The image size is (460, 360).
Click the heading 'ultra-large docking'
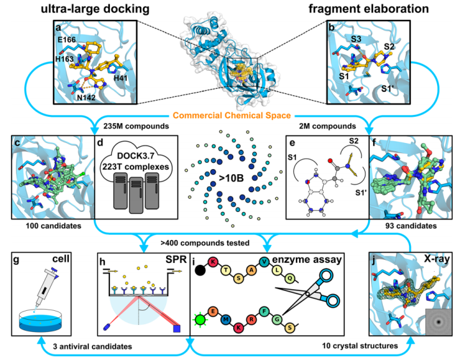pyautogui.click(x=95, y=9)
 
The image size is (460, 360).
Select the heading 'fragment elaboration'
pyautogui.click(x=369, y=9)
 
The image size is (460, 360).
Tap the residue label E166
pyautogui.click(x=66, y=40)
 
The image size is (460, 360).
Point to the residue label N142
pyautogui.click(x=86, y=97)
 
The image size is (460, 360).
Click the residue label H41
pyautogui.click(x=121, y=78)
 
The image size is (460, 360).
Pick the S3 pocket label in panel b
pyautogui.click(x=356, y=39)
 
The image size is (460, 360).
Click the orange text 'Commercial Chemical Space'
pyautogui.click(x=232, y=116)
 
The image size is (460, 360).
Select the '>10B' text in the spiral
pyautogui.click(x=231, y=178)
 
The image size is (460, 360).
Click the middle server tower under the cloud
pyautogui.click(x=136, y=195)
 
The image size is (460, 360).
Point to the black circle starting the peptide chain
pyautogui.click(x=200, y=270)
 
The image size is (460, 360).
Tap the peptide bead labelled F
pyautogui.click(x=264, y=311)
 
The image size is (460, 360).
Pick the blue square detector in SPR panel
pyautogui.click(x=176, y=329)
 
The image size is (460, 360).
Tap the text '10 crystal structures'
pyautogui.click(x=360, y=346)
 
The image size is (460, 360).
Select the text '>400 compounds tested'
pyautogui.click(x=205, y=243)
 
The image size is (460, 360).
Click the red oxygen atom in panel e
pyautogui.click(x=330, y=161)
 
